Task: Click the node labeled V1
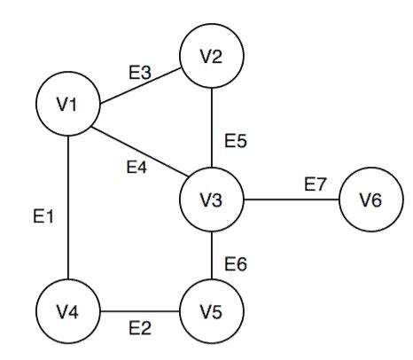tap(68, 106)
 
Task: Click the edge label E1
tap(44, 215)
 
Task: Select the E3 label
tap(140, 73)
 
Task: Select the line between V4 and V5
tap(140, 312)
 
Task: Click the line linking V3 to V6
tap(290, 200)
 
